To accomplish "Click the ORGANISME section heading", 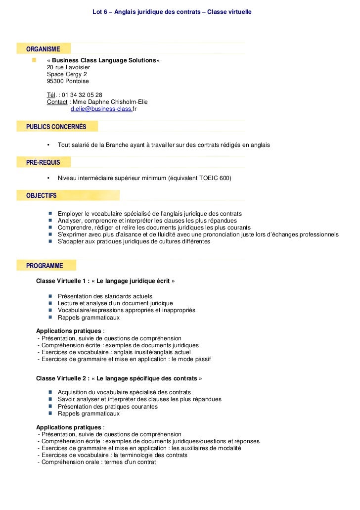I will (x=43, y=49).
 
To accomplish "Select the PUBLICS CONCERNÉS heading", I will (x=56, y=127).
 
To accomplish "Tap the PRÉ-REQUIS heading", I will (x=43, y=162).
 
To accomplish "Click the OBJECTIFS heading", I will (x=42, y=195).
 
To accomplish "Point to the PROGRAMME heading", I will (x=45, y=266).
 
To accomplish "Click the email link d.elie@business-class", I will (x=101, y=109).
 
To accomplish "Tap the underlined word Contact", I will (x=57, y=102).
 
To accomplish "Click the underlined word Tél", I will (x=51, y=95).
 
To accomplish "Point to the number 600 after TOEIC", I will (x=225, y=178).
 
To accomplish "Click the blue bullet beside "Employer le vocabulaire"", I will (x=51, y=213).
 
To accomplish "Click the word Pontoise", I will (x=78, y=81).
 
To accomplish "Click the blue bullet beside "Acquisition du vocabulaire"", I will (x=51, y=392).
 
